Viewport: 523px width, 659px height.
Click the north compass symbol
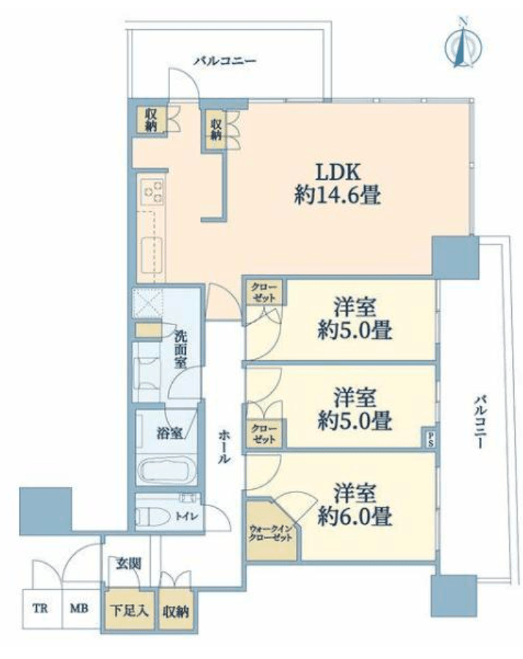pyautogui.click(x=463, y=43)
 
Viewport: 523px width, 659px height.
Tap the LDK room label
pyautogui.click(x=338, y=172)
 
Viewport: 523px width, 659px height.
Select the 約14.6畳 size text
pyautogui.click(x=338, y=196)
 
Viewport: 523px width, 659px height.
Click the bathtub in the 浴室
pyautogui.click(x=166, y=469)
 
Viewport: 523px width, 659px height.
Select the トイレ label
pyautogui.click(x=187, y=516)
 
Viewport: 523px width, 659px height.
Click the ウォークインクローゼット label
pyautogui.click(x=270, y=532)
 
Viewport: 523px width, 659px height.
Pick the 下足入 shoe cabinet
pyautogui.click(x=129, y=610)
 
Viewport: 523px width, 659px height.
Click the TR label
pyautogui.click(x=40, y=608)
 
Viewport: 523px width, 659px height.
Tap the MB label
pyautogui.click(x=78, y=608)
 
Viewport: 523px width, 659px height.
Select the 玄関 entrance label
pyautogui.click(x=128, y=564)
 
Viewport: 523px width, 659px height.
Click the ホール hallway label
pyautogui.click(x=224, y=447)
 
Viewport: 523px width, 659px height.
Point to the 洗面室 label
pyautogui.click(x=181, y=349)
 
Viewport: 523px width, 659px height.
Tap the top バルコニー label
pyautogui.click(x=224, y=62)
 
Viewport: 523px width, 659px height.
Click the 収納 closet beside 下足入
pyautogui.click(x=176, y=610)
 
